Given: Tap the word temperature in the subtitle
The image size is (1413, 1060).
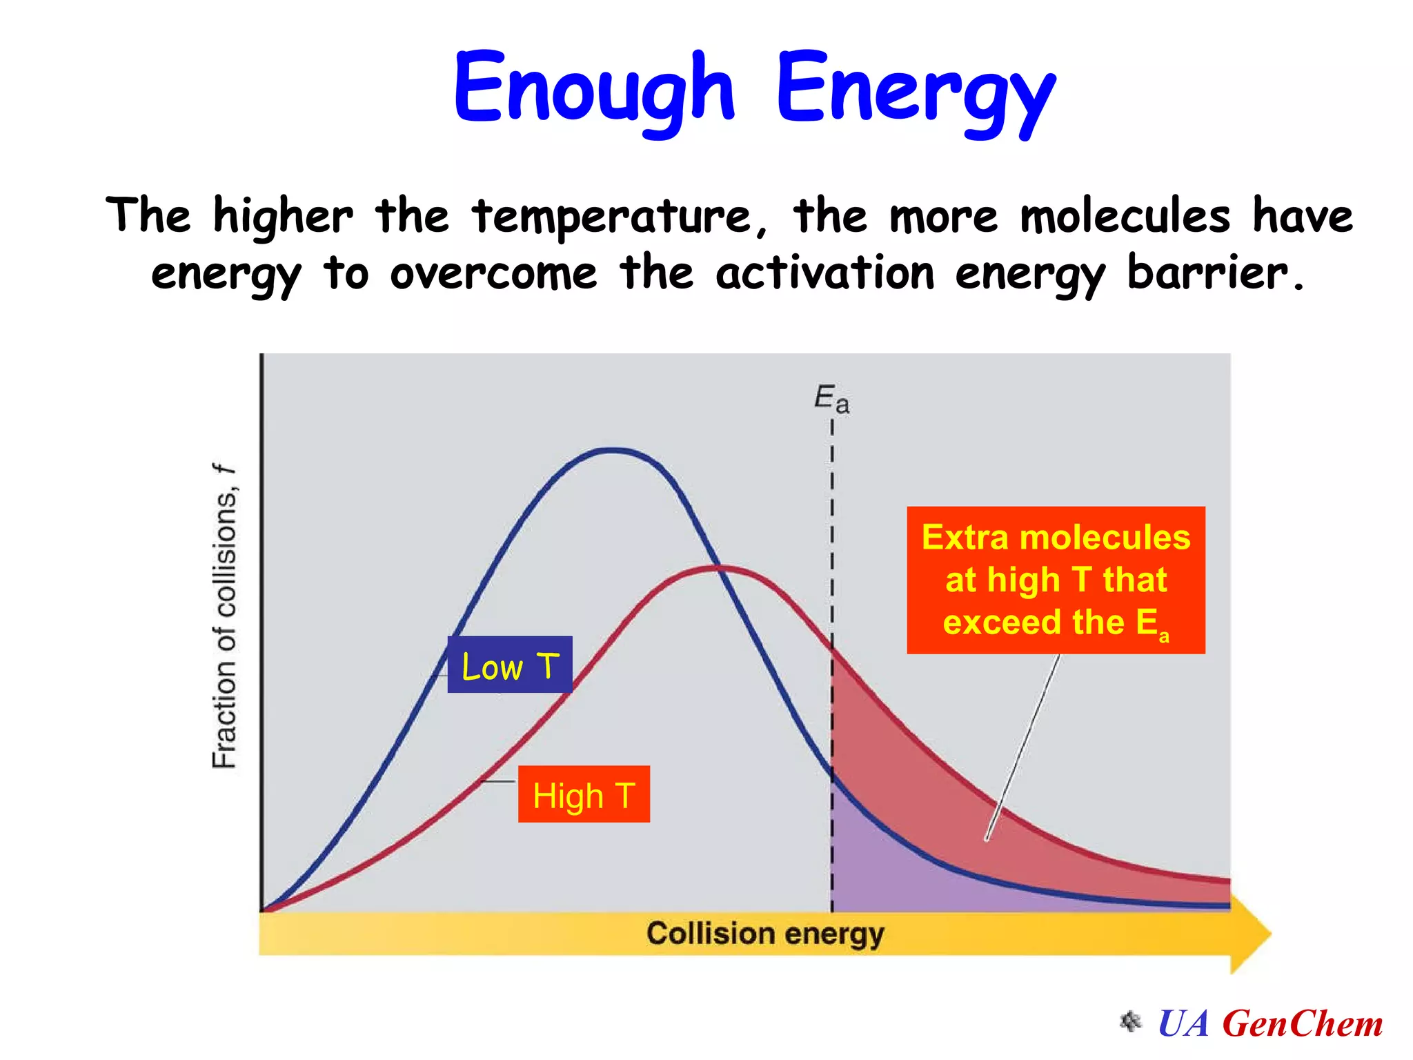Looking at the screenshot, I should [611, 217].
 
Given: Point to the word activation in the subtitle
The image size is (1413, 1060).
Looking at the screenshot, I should [825, 273].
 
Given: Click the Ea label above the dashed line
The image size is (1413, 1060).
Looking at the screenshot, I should [831, 399].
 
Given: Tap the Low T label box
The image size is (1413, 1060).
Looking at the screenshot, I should [510, 665].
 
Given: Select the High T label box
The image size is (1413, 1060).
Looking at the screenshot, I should [584, 794].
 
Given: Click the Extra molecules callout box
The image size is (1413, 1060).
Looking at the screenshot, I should [1056, 580].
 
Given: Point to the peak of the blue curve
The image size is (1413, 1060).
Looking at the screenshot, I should [613, 450].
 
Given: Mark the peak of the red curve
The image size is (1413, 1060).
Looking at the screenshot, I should [720, 568].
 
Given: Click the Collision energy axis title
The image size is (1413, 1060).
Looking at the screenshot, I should [764, 934].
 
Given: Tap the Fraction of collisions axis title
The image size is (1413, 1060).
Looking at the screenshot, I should [224, 616].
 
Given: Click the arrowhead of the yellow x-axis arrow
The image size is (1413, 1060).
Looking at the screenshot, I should [1250, 934].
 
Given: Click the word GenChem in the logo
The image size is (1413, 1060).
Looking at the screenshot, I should [1302, 1023].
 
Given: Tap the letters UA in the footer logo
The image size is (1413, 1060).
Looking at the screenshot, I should [1183, 1023].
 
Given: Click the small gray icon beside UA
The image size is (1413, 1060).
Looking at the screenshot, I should [1130, 1021].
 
